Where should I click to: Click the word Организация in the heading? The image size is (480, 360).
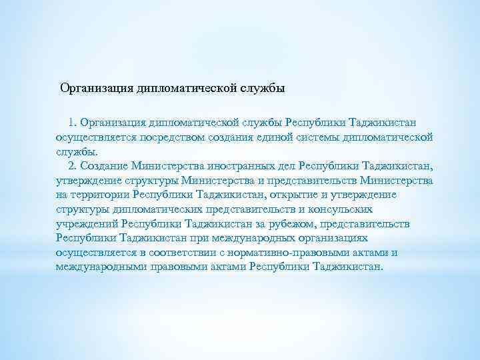coord(96,88)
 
